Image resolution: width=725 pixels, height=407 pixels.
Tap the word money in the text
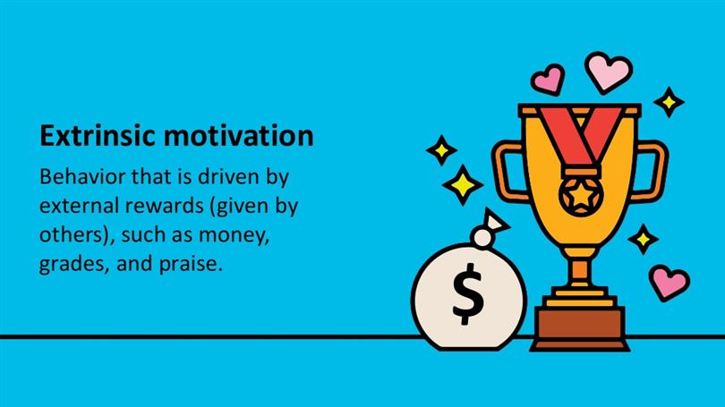(234, 235)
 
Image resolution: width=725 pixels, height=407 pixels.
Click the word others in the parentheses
(73, 234)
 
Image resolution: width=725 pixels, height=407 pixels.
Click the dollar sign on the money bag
(467, 293)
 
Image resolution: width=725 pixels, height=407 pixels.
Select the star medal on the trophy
(581, 196)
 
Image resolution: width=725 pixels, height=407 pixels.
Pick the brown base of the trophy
(580, 328)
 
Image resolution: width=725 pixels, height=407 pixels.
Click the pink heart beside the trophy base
(669, 283)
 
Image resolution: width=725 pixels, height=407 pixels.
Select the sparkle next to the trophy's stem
(644, 239)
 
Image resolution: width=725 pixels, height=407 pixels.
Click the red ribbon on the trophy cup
(581, 135)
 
